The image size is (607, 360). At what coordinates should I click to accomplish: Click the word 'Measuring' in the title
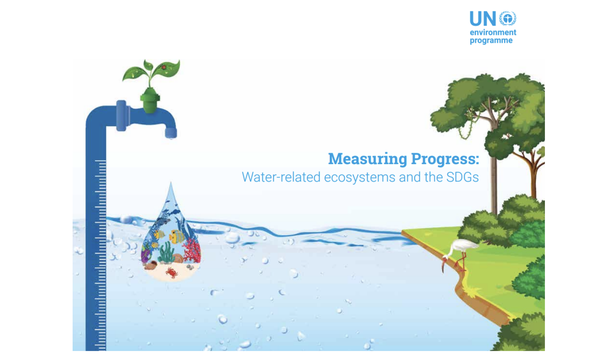(x=367, y=159)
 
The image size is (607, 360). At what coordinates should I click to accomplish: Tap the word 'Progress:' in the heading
(x=445, y=159)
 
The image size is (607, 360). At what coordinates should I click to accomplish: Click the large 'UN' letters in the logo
(x=483, y=19)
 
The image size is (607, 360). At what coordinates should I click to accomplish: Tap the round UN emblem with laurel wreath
(x=507, y=18)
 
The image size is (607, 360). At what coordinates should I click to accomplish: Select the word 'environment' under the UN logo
(x=493, y=32)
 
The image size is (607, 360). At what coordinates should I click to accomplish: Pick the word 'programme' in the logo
(x=491, y=41)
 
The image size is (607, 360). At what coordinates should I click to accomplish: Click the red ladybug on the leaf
(x=164, y=67)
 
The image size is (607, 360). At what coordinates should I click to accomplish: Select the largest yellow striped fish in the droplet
(x=177, y=236)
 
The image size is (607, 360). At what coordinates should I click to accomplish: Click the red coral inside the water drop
(x=191, y=250)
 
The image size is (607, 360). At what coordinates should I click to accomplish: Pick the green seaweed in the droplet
(x=167, y=253)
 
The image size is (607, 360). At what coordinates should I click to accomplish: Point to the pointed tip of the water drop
(x=171, y=182)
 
